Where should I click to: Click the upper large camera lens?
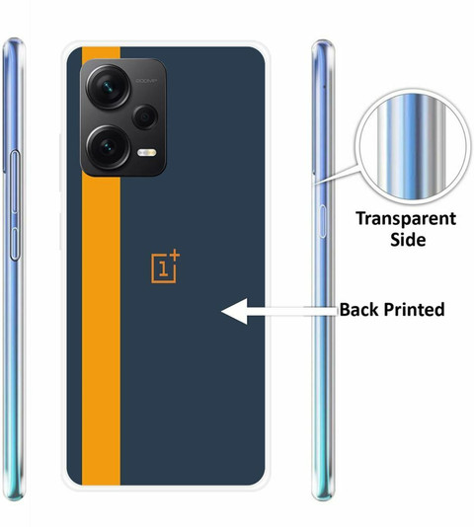109,87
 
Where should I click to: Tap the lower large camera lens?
109,147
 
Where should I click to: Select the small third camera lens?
145,116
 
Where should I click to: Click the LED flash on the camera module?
147,153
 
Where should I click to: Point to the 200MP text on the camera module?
146,81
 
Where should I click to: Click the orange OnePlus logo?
166,266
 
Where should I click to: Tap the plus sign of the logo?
174,255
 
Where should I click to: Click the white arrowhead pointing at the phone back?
235,311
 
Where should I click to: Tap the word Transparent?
406,219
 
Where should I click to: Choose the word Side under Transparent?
408,240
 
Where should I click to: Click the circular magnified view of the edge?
413,147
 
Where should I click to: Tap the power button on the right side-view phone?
322,222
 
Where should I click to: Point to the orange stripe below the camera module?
101,331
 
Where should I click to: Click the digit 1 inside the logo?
164,268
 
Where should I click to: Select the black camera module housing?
123,117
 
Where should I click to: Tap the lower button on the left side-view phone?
15,244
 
